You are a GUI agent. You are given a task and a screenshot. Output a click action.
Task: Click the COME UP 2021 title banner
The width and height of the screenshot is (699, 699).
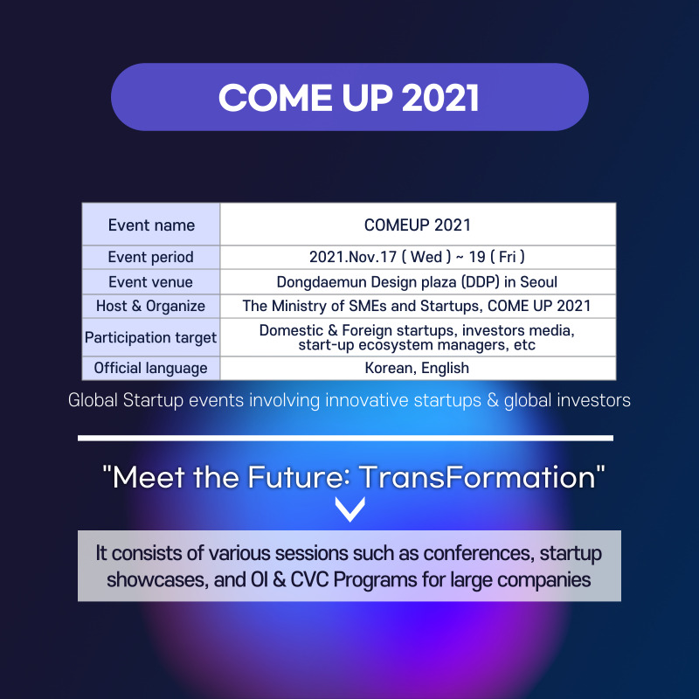click(x=349, y=97)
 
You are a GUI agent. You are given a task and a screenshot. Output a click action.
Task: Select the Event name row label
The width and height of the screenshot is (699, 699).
click(x=151, y=225)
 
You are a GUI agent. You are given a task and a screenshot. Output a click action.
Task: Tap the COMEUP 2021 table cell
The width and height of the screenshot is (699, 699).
click(x=418, y=225)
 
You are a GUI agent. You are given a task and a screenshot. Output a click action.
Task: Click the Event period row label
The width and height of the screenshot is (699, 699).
click(x=150, y=257)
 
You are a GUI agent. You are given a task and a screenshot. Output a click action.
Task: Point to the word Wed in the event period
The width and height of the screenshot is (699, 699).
click(x=426, y=257)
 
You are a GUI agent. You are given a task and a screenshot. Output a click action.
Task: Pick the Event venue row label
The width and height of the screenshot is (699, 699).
click(x=150, y=282)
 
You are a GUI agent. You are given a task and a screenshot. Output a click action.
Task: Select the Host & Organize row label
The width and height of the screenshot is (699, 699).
click(x=150, y=307)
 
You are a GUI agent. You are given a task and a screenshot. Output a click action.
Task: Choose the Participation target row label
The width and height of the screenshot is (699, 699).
click(x=150, y=337)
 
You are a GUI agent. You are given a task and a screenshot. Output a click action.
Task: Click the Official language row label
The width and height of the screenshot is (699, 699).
click(x=150, y=368)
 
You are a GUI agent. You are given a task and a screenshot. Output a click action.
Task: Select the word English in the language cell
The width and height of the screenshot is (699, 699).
click(x=445, y=368)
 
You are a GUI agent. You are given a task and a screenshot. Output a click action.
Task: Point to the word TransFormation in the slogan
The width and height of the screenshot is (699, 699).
click(x=477, y=477)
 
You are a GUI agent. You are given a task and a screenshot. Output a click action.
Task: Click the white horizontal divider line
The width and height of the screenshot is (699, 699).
click(x=345, y=439)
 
